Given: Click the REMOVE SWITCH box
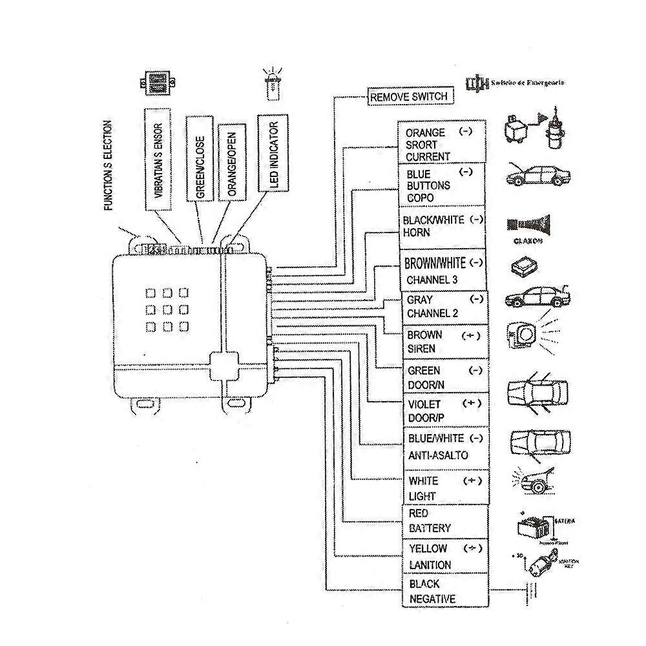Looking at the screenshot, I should point(408,97).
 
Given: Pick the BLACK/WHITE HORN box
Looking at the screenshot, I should point(443,225).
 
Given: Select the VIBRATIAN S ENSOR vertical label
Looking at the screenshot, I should point(158,159).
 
